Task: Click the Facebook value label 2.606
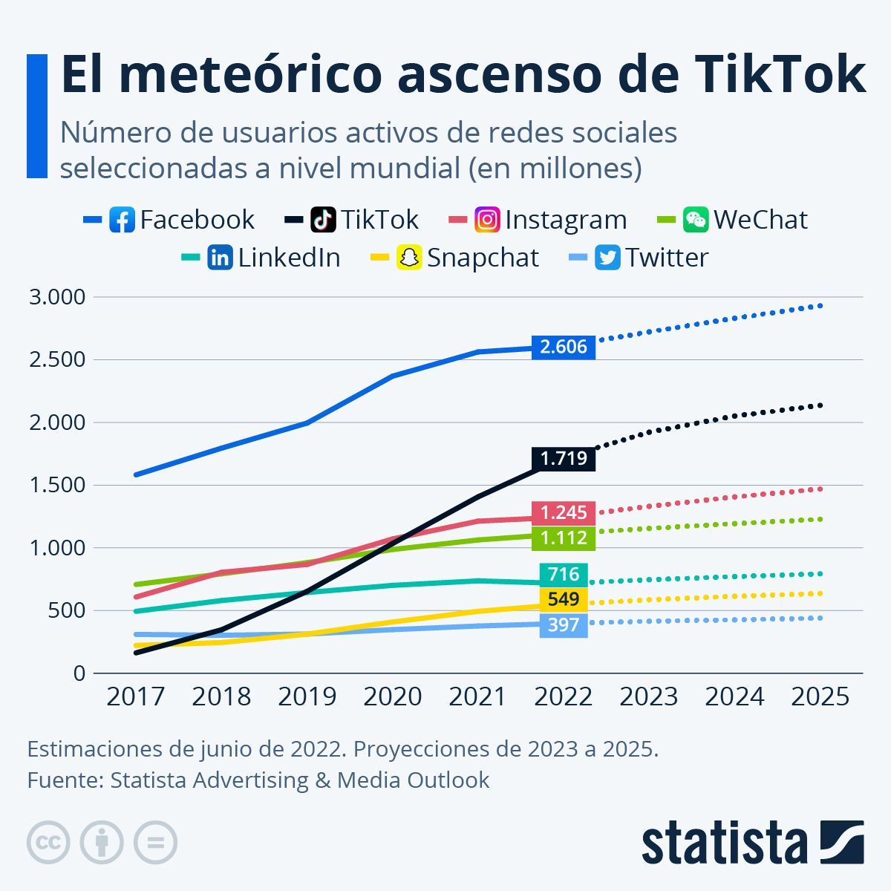tap(564, 347)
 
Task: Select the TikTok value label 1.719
tap(564, 458)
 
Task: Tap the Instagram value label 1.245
tap(564, 512)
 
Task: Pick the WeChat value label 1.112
tap(564, 538)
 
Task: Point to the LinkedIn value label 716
tap(564, 574)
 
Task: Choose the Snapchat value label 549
tap(564, 599)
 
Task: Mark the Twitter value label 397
tap(564, 624)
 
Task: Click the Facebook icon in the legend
tap(122, 220)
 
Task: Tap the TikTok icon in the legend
tap(324, 220)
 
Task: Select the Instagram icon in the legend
tap(487, 220)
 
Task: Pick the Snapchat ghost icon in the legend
tap(409, 258)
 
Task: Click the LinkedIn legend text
tap(289, 258)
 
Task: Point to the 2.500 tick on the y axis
tap(57, 359)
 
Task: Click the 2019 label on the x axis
tap(307, 696)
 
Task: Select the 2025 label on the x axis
tap(820, 696)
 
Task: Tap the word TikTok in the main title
tap(779, 74)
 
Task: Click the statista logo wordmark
tap(724, 843)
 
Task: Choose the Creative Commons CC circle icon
tap(48, 843)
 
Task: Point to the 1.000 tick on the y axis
tap(57, 548)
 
